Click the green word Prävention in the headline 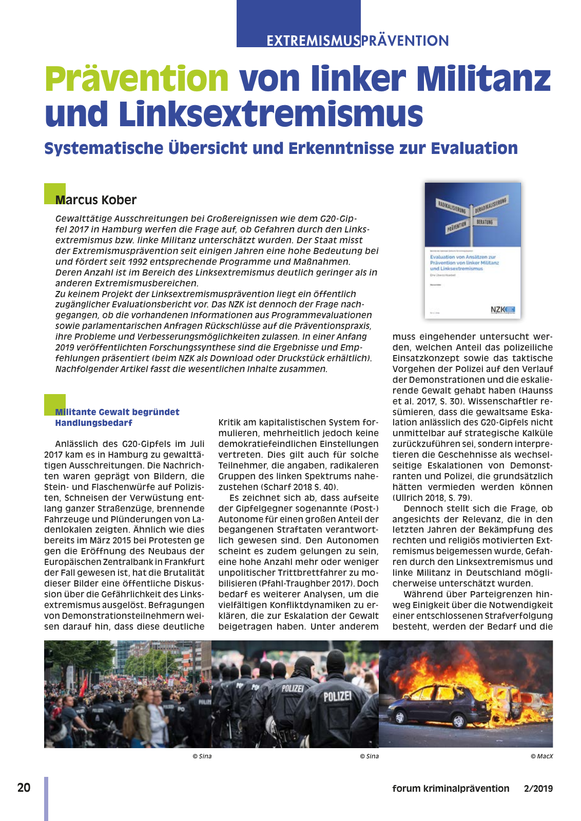click(137, 79)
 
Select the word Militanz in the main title click(483, 79)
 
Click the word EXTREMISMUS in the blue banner click(313, 41)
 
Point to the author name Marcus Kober click(96, 200)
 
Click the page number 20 click(24, 788)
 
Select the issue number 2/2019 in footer click(538, 789)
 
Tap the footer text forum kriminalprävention click(451, 789)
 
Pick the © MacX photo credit click(541, 756)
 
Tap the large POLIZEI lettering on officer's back click(337, 696)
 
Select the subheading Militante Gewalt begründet click(118, 412)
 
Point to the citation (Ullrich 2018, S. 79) click(432, 498)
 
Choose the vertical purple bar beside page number click(46, 798)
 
